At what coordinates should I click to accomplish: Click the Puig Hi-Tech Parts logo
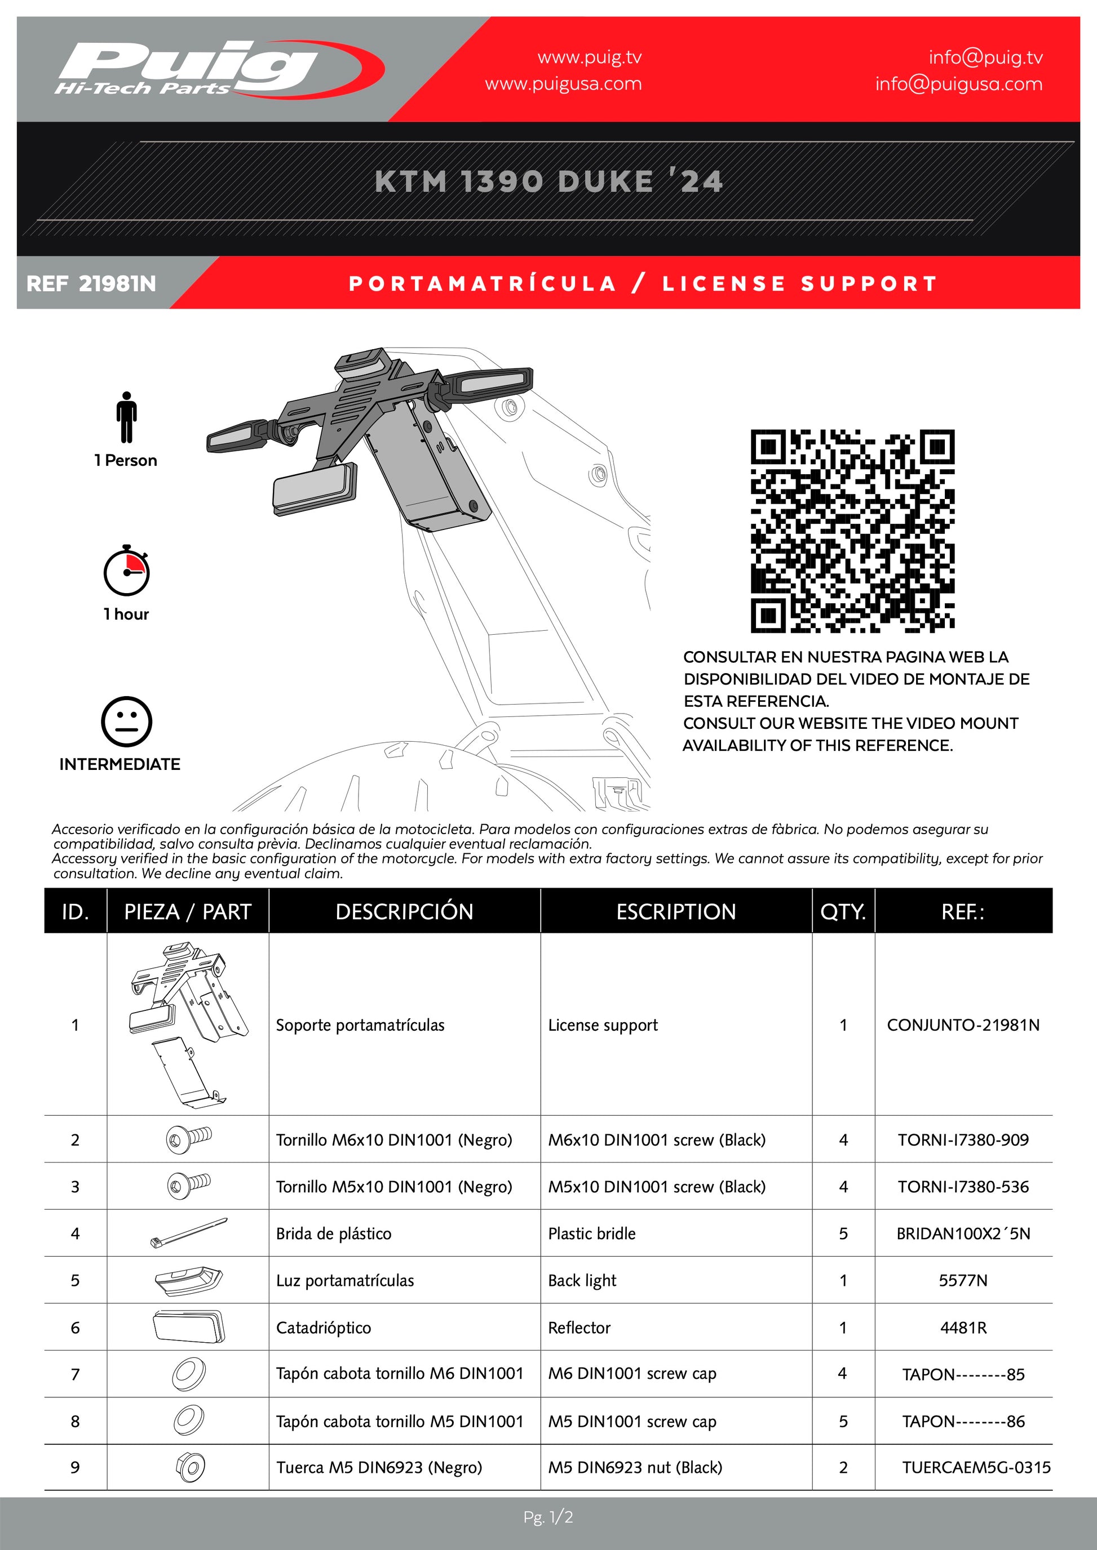[216, 68]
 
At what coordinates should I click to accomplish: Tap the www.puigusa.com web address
[563, 84]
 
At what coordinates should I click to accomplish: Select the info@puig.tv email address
[985, 57]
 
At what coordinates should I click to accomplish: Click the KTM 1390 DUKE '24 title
[548, 181]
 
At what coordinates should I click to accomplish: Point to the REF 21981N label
[91, 283]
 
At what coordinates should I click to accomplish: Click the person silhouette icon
[126, 417]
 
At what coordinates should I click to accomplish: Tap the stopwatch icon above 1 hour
[126, 571]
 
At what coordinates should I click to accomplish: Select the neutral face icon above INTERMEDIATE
[126, 721]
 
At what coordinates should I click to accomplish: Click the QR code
[852, 531]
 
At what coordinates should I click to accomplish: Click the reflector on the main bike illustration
[315, 489]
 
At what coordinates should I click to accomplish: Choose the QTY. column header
[843, 911]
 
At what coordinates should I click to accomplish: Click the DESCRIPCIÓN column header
[404, 911]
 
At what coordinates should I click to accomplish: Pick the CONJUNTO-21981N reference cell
[963, 1025]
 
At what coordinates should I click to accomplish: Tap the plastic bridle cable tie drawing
[188, 1233]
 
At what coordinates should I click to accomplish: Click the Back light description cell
[582, 1280]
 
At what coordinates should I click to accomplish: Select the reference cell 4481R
[963, 1327]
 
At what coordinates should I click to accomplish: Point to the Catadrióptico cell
[324, 1327]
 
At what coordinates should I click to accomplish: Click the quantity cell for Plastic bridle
[843, 1233]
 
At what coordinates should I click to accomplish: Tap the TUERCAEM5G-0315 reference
[976, 1467]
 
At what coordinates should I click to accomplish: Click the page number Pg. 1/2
[548, 1517]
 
